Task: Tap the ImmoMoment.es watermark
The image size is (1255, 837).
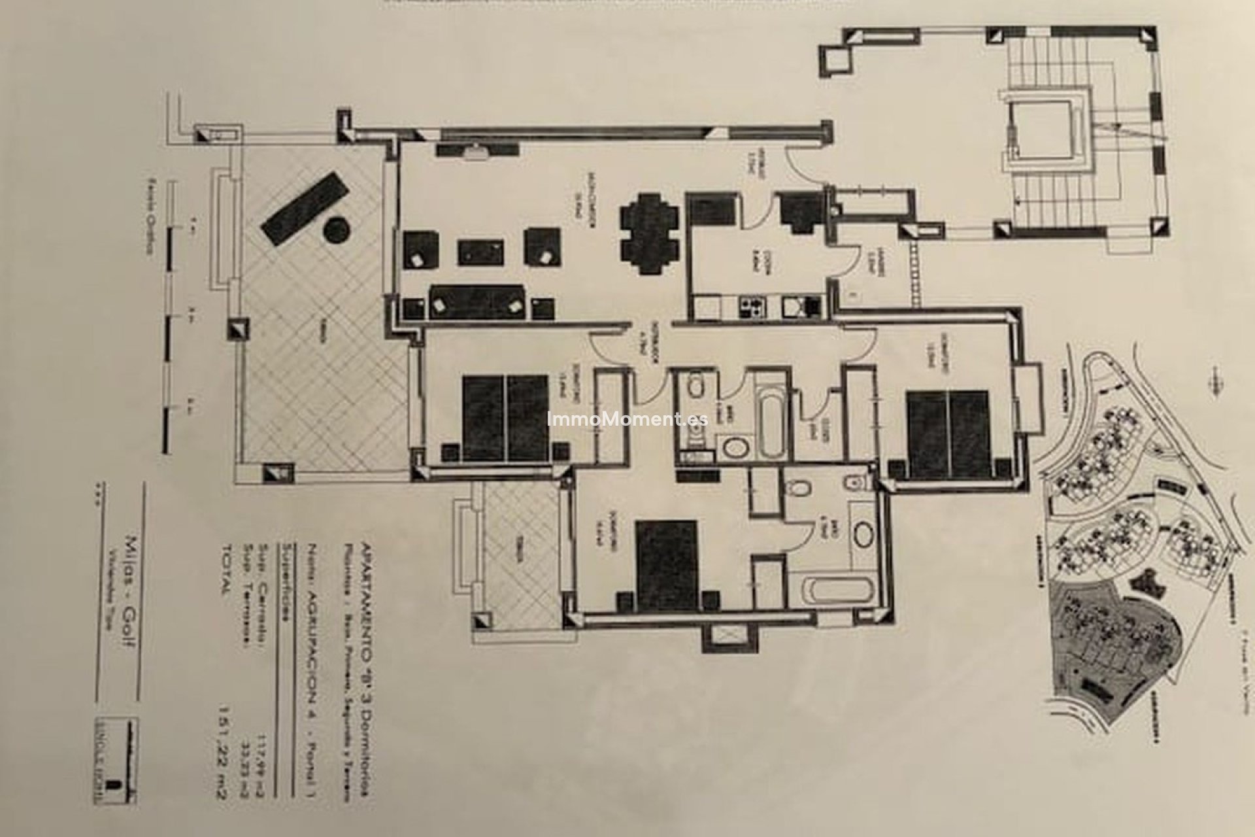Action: [x=627, y=419]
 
